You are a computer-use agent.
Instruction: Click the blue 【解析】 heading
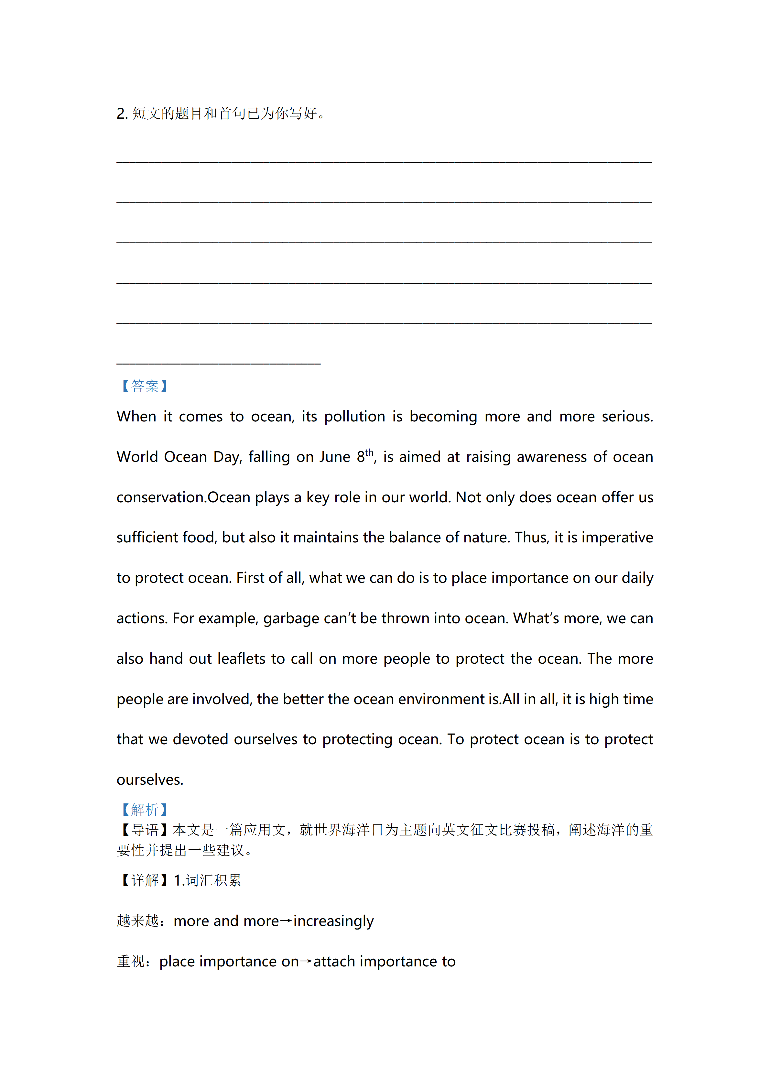pos(145,809)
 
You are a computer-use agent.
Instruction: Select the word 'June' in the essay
pos(335,457)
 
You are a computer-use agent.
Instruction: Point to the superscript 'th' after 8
pos(369,452)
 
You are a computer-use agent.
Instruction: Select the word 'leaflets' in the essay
pos(241,659)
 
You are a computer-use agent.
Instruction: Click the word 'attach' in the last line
pos(334,962)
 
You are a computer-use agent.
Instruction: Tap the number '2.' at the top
pos(122,114)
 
